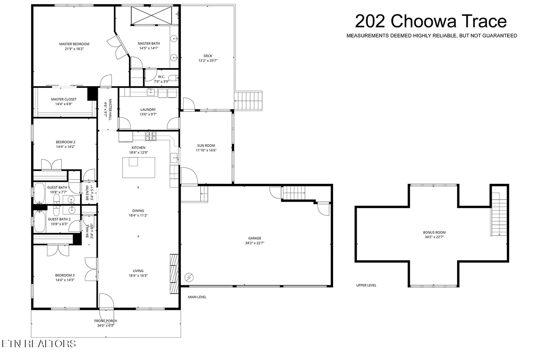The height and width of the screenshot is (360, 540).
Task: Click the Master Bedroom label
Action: coord(74,44)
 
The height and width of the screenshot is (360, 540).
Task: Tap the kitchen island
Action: coord(139,168)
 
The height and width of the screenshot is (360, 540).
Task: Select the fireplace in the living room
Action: coord(174,274)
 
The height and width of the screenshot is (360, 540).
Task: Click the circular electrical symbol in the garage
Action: coord(189,277)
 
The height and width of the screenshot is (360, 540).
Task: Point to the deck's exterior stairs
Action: coord(248,101)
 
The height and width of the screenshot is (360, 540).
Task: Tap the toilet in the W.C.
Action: coord(174,78)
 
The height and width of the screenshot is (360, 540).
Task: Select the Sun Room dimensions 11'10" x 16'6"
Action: coord(206,150)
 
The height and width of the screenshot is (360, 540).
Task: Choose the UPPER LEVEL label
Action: coord(366,285)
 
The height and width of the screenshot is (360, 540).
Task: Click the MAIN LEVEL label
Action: coord(197,297)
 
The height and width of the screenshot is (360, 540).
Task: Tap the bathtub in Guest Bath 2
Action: coord(40,221)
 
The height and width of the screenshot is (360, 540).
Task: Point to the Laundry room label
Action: coord(148,110)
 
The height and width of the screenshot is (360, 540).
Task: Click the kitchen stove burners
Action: coord(151,136)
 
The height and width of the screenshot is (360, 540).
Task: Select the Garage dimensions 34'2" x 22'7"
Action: coord(255,243)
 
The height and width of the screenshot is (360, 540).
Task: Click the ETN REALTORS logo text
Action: coord(39,344)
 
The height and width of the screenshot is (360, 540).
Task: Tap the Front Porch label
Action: coord(106,321)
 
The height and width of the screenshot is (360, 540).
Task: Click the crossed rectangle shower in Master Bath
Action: coord(151,16)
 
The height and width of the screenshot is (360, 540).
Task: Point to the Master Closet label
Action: coord(64,99)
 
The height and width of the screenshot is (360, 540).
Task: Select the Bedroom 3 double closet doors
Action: coord(58,250)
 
